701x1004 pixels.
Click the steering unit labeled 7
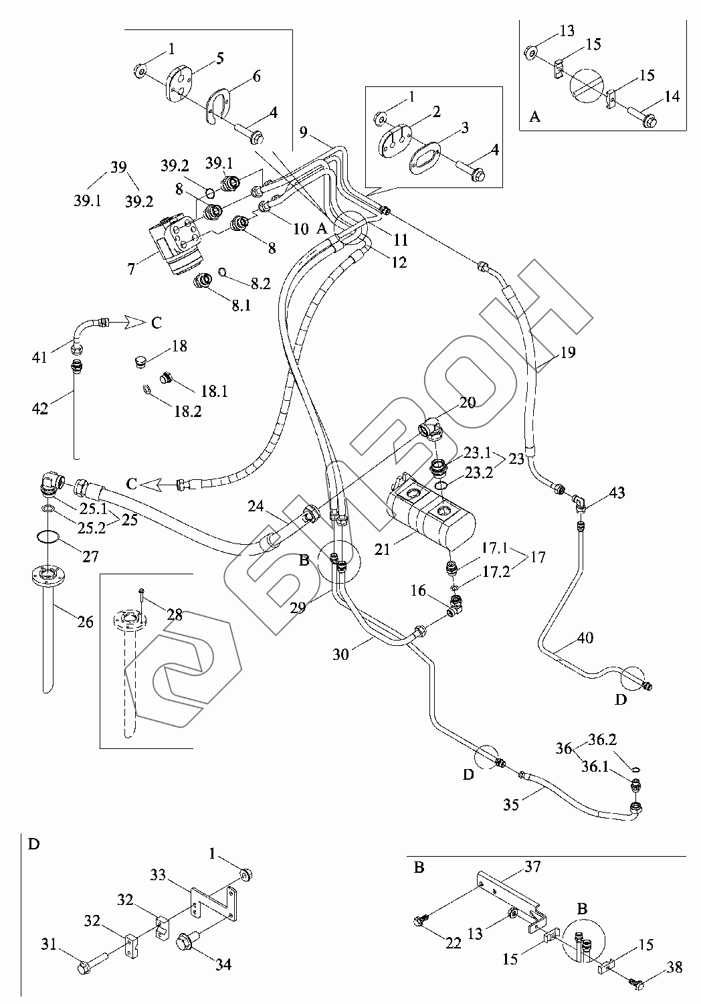176,244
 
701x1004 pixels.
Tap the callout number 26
85,621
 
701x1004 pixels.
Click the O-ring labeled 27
47,537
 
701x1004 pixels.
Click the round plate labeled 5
179,85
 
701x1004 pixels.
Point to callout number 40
585,637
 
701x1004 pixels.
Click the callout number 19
567,352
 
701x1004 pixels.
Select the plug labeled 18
140,361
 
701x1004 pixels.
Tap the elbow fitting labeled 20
431,427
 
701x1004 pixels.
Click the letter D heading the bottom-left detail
33,844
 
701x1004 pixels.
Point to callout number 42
40,408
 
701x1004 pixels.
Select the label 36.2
602,740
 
